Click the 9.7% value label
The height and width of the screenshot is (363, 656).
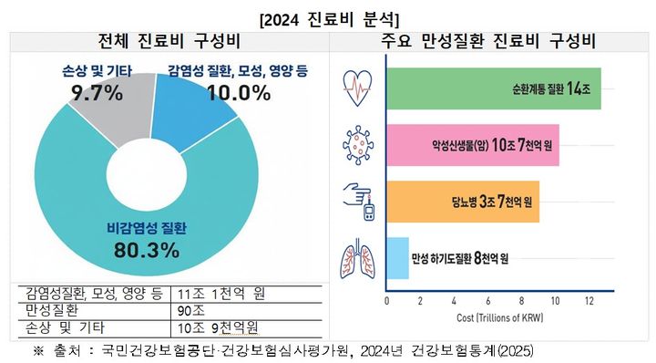(x=97, y=92)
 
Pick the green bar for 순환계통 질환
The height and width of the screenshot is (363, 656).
(x=493, y=88)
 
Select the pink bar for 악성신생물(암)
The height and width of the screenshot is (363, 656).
(x=473, y=145)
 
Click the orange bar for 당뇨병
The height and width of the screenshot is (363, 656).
(x=463, y=202)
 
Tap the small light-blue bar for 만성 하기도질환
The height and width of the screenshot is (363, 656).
(x=397, y=258)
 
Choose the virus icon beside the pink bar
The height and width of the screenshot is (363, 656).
(x=356, y=145)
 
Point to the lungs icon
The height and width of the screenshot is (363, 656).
(x=356, y=258)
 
